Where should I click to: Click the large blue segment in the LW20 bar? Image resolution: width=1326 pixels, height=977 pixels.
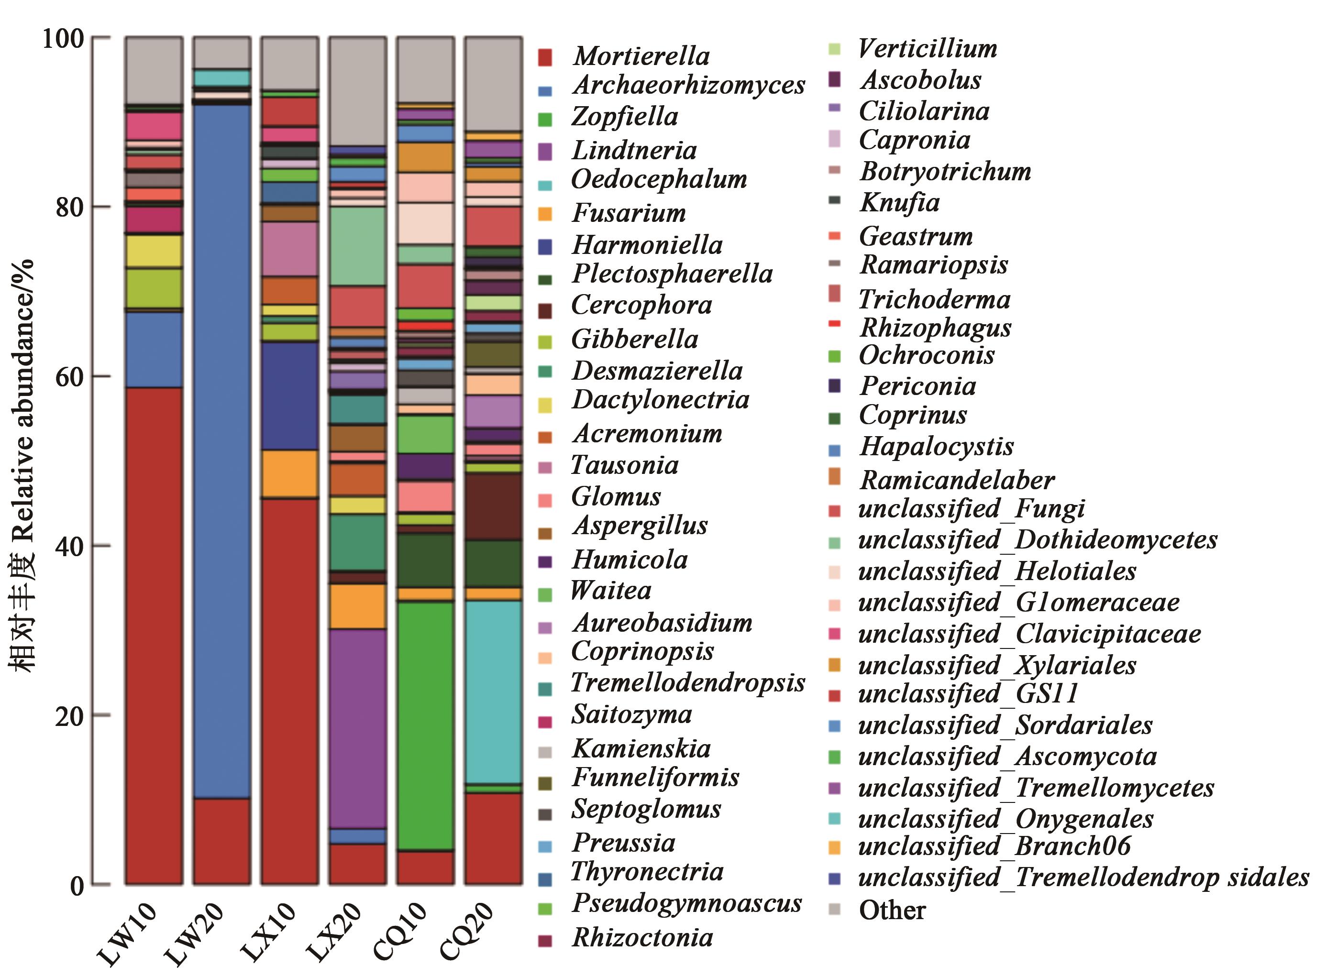222,450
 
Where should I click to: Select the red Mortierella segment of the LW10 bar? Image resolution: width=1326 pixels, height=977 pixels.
154,636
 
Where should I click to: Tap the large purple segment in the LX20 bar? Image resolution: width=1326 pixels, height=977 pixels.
357,727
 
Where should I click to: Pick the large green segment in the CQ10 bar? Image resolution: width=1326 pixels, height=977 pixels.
425,725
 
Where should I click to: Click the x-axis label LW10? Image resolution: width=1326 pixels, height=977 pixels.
127,934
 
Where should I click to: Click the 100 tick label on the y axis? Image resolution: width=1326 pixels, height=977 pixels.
63,39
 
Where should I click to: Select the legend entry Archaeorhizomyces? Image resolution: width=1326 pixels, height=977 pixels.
688,86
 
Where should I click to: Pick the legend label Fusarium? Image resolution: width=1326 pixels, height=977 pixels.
629,213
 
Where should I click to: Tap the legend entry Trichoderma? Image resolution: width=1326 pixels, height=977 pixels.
935,299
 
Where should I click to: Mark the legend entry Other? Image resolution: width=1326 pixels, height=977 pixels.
892,910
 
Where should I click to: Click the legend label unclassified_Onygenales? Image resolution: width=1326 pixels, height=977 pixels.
1006,819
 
